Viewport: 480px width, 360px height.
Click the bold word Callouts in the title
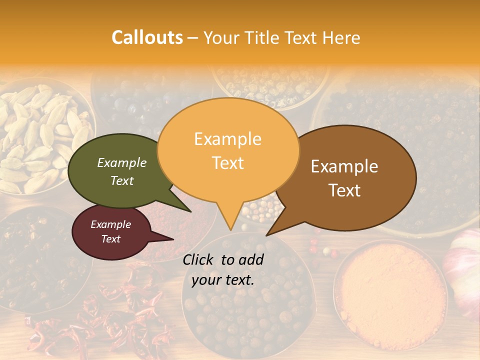147,37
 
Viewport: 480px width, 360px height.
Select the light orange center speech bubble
228,150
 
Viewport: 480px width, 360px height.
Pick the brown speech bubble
350,177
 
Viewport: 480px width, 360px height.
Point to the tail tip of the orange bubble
230,229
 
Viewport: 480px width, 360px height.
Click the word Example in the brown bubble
344,166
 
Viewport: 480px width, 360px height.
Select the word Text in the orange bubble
228,163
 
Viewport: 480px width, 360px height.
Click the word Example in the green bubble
122,163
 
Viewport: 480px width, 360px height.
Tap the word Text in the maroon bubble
111,239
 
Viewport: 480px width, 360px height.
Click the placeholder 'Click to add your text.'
223,269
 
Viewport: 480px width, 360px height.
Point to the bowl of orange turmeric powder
390,290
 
